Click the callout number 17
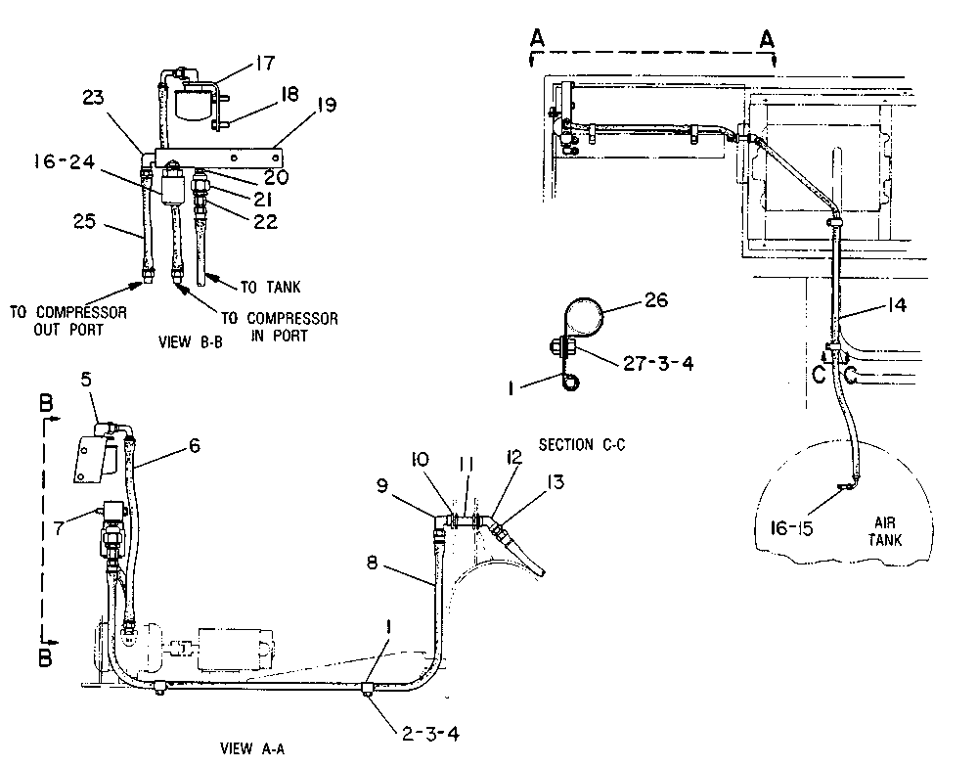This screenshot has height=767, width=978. coord(264,63)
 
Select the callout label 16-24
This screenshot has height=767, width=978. coord(65,161)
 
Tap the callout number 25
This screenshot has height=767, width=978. coord(85,221)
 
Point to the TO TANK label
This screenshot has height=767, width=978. coord(271,287)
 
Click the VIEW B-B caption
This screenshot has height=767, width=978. coord(191,342)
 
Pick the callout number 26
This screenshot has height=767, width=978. coord(655,300)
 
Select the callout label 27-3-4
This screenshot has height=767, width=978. coord(658,363)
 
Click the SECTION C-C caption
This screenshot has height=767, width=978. coord(582,444)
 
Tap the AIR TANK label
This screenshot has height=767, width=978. coord(885,531)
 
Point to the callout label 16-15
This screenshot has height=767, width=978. coord(791,529)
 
